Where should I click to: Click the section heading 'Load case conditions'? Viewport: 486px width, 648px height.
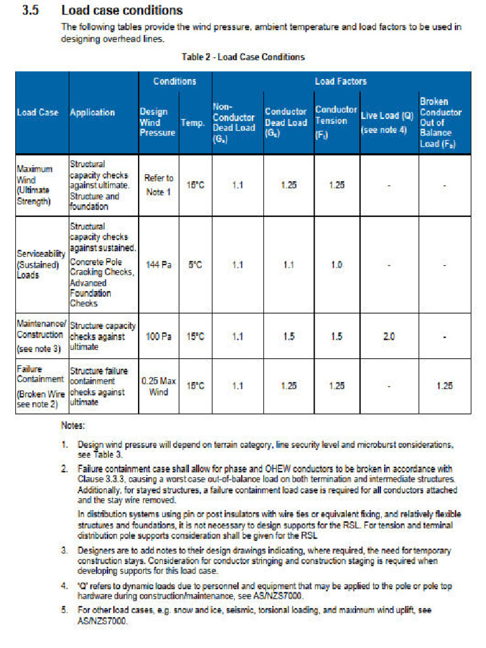(121, 11)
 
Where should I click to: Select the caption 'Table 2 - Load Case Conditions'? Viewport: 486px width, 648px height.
(243, 57)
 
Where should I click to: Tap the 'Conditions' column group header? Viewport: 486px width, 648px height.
(175, 82)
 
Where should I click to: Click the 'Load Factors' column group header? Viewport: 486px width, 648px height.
(340, 82)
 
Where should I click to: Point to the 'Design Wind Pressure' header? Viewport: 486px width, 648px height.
(157, 122)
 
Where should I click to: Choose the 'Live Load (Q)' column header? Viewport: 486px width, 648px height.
(387, 122)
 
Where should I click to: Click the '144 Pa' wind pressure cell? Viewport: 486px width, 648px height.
(158, 265)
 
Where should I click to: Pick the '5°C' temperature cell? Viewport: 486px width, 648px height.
(196, 265)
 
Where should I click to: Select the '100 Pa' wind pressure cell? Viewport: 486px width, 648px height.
(158, 337)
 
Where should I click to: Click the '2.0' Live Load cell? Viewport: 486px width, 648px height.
(389, 337)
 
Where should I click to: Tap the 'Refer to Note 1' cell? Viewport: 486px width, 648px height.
(158, 185)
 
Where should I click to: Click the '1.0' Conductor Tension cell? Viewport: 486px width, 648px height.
(336, 265)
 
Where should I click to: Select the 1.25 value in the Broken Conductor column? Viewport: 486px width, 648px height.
(444, 386)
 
